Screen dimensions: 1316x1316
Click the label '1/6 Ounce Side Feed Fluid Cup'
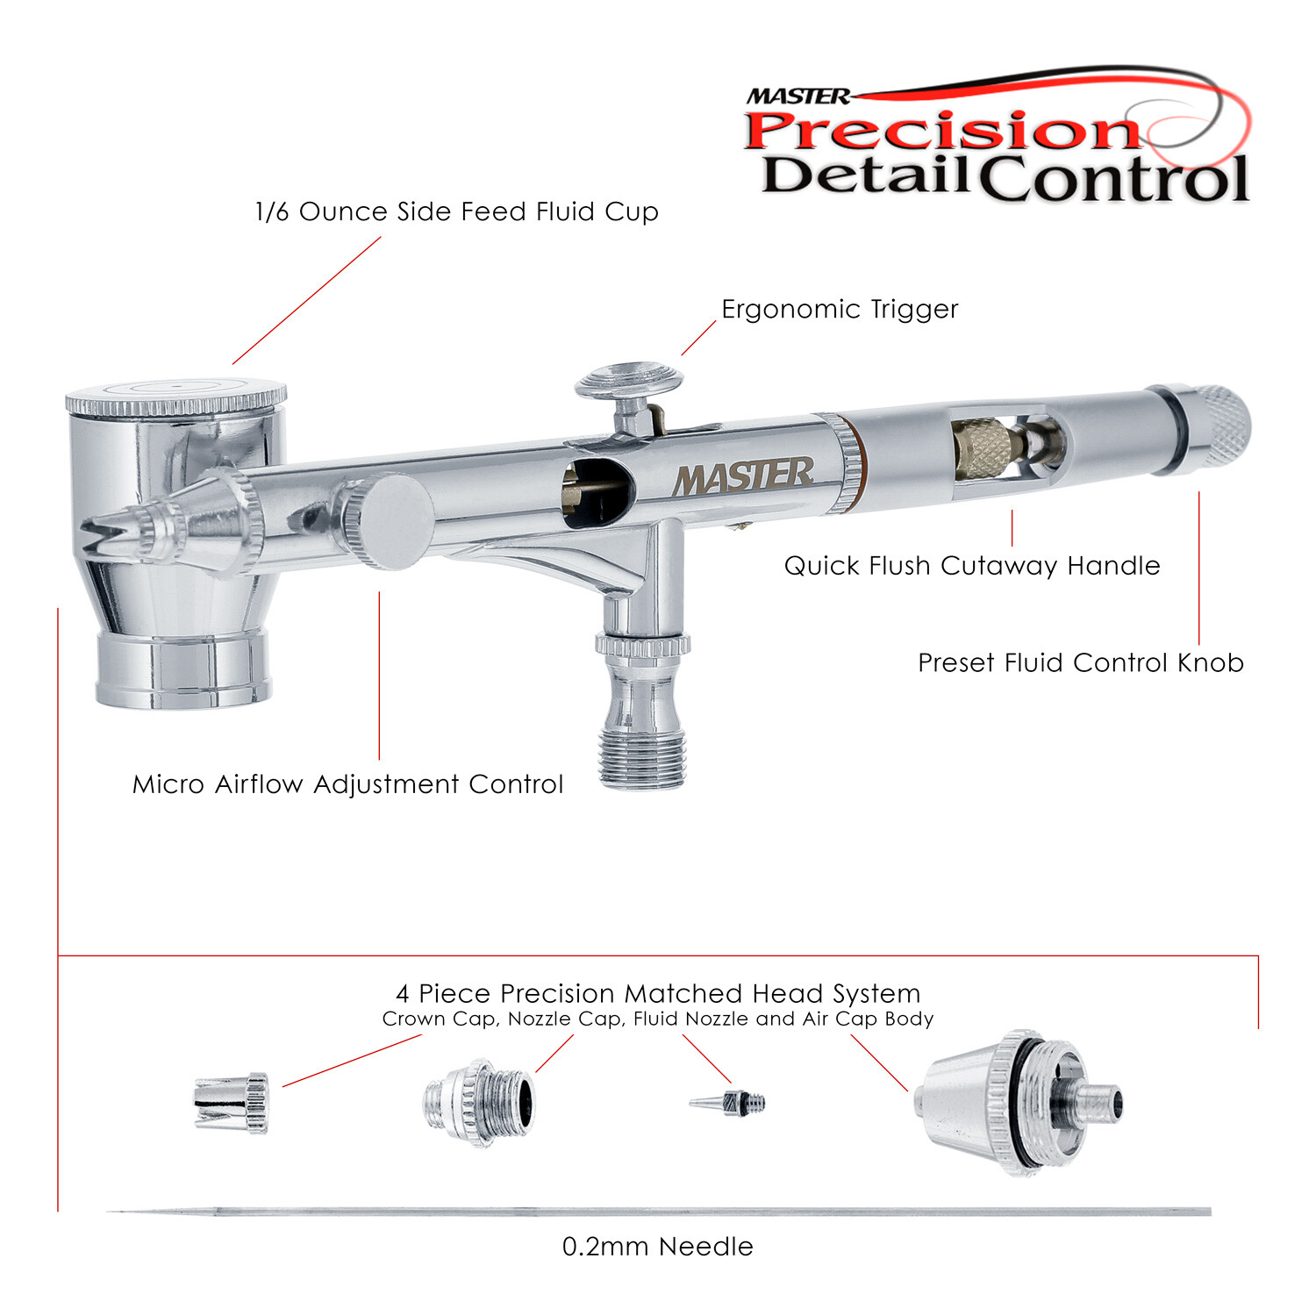[456, 212]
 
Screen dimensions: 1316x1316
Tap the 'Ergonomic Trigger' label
[839, 310]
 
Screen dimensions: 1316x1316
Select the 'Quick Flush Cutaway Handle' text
[971, 566]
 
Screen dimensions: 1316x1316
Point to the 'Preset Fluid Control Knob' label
[1080, 662]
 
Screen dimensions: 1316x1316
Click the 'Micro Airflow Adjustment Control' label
[347, 784]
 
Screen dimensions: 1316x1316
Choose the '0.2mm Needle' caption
[657, 1247]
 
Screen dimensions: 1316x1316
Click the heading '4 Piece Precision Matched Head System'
[658, 994]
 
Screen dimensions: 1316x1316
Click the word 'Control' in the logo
[1112, 179]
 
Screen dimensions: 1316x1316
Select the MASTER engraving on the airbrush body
[743, 477]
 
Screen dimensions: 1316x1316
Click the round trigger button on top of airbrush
[628, 382]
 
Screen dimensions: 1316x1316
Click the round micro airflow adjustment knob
[390, 521]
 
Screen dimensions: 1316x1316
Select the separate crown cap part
[231, 1103]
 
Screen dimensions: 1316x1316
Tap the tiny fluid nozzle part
[728, 1102]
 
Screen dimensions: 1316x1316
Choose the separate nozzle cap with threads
[479, 1103]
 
